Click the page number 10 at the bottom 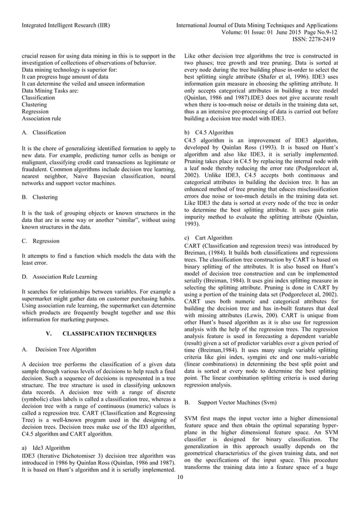(180, 479)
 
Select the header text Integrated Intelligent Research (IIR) (65, 26)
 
